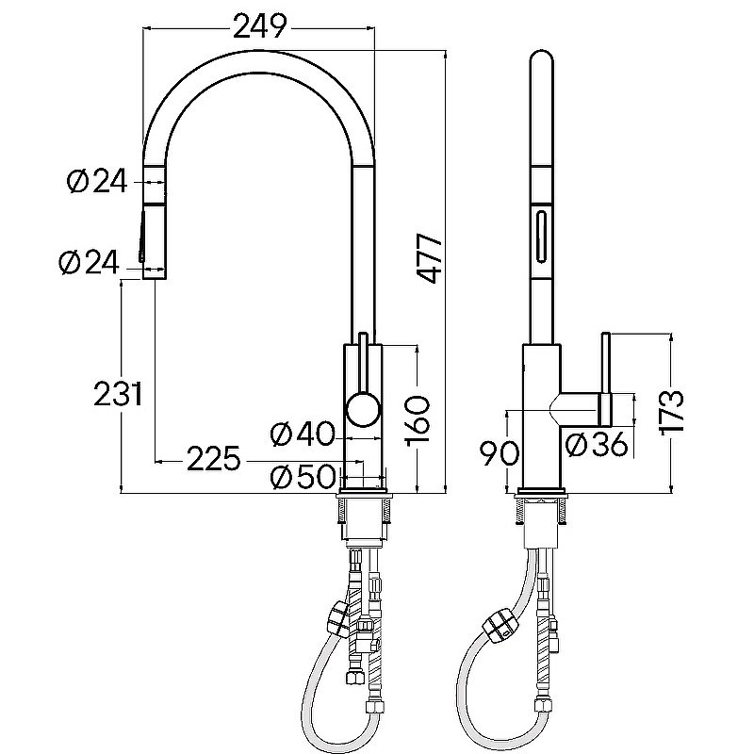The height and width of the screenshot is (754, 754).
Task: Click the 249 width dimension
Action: [x=260, y=26]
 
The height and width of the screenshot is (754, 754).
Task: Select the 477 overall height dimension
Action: [x=430, y=258]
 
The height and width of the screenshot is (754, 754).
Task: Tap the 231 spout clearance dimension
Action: [x=119, y=394]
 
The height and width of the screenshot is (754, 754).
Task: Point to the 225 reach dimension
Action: [x=214, y=459]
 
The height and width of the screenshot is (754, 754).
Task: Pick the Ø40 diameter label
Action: [x=302, y=434]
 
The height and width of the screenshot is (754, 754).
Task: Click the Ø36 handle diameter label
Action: [x=597, y=444]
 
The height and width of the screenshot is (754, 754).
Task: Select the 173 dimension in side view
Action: [x=670, y=413]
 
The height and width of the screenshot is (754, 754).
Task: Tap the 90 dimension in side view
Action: [x=500, y=453]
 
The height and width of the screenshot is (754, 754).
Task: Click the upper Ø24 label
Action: [x=97, y=182]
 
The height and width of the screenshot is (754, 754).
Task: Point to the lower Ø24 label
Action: [x=89, y=263]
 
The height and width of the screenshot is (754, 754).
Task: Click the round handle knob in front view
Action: [x=364, y=409]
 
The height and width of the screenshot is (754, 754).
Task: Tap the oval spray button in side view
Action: [x=541, y=238]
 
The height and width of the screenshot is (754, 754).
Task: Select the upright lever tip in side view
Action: [x=606, y=336]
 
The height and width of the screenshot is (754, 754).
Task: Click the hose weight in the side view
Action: [x=501, y=625]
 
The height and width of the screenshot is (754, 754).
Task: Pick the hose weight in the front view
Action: [x=338, y=618]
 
